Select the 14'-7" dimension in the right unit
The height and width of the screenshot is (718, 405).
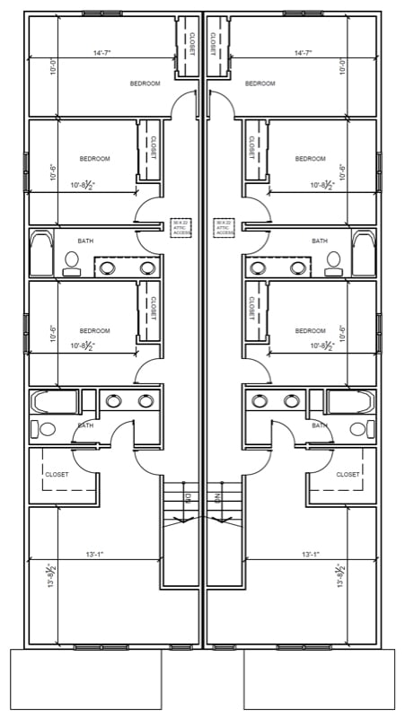303,53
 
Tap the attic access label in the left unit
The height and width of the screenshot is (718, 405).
181,227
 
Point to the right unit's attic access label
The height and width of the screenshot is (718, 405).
224,227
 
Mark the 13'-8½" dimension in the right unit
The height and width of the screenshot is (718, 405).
340,576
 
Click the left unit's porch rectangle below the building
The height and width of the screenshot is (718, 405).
85,679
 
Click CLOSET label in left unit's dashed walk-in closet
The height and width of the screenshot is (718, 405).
57,474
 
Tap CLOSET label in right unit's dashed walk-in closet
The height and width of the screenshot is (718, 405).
348,474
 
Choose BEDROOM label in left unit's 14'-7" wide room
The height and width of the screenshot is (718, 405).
145,83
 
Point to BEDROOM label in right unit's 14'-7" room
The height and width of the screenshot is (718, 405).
260,83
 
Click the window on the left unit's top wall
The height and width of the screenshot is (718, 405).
101,13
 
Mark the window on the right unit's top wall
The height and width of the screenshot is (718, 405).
303,13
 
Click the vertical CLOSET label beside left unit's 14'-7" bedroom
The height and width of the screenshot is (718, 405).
189,42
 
